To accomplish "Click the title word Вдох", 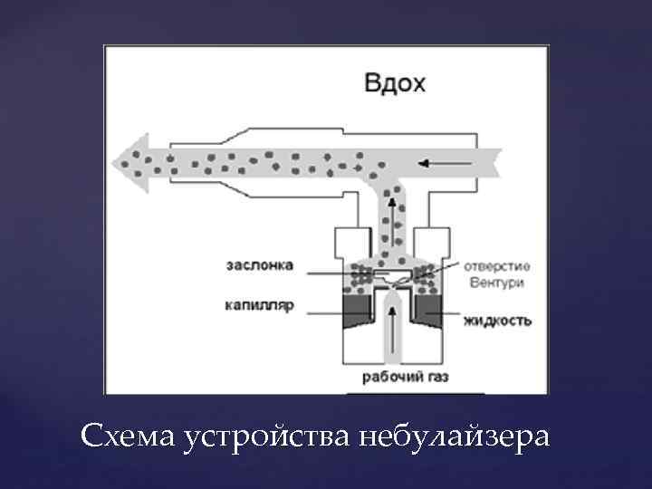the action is [x=394, y=83].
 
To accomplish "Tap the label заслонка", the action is [x=260, y=265].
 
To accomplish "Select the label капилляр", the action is [x=260, y=306].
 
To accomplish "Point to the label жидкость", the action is [x=497, y=321].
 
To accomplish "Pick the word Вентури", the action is [x=497, y=283].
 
